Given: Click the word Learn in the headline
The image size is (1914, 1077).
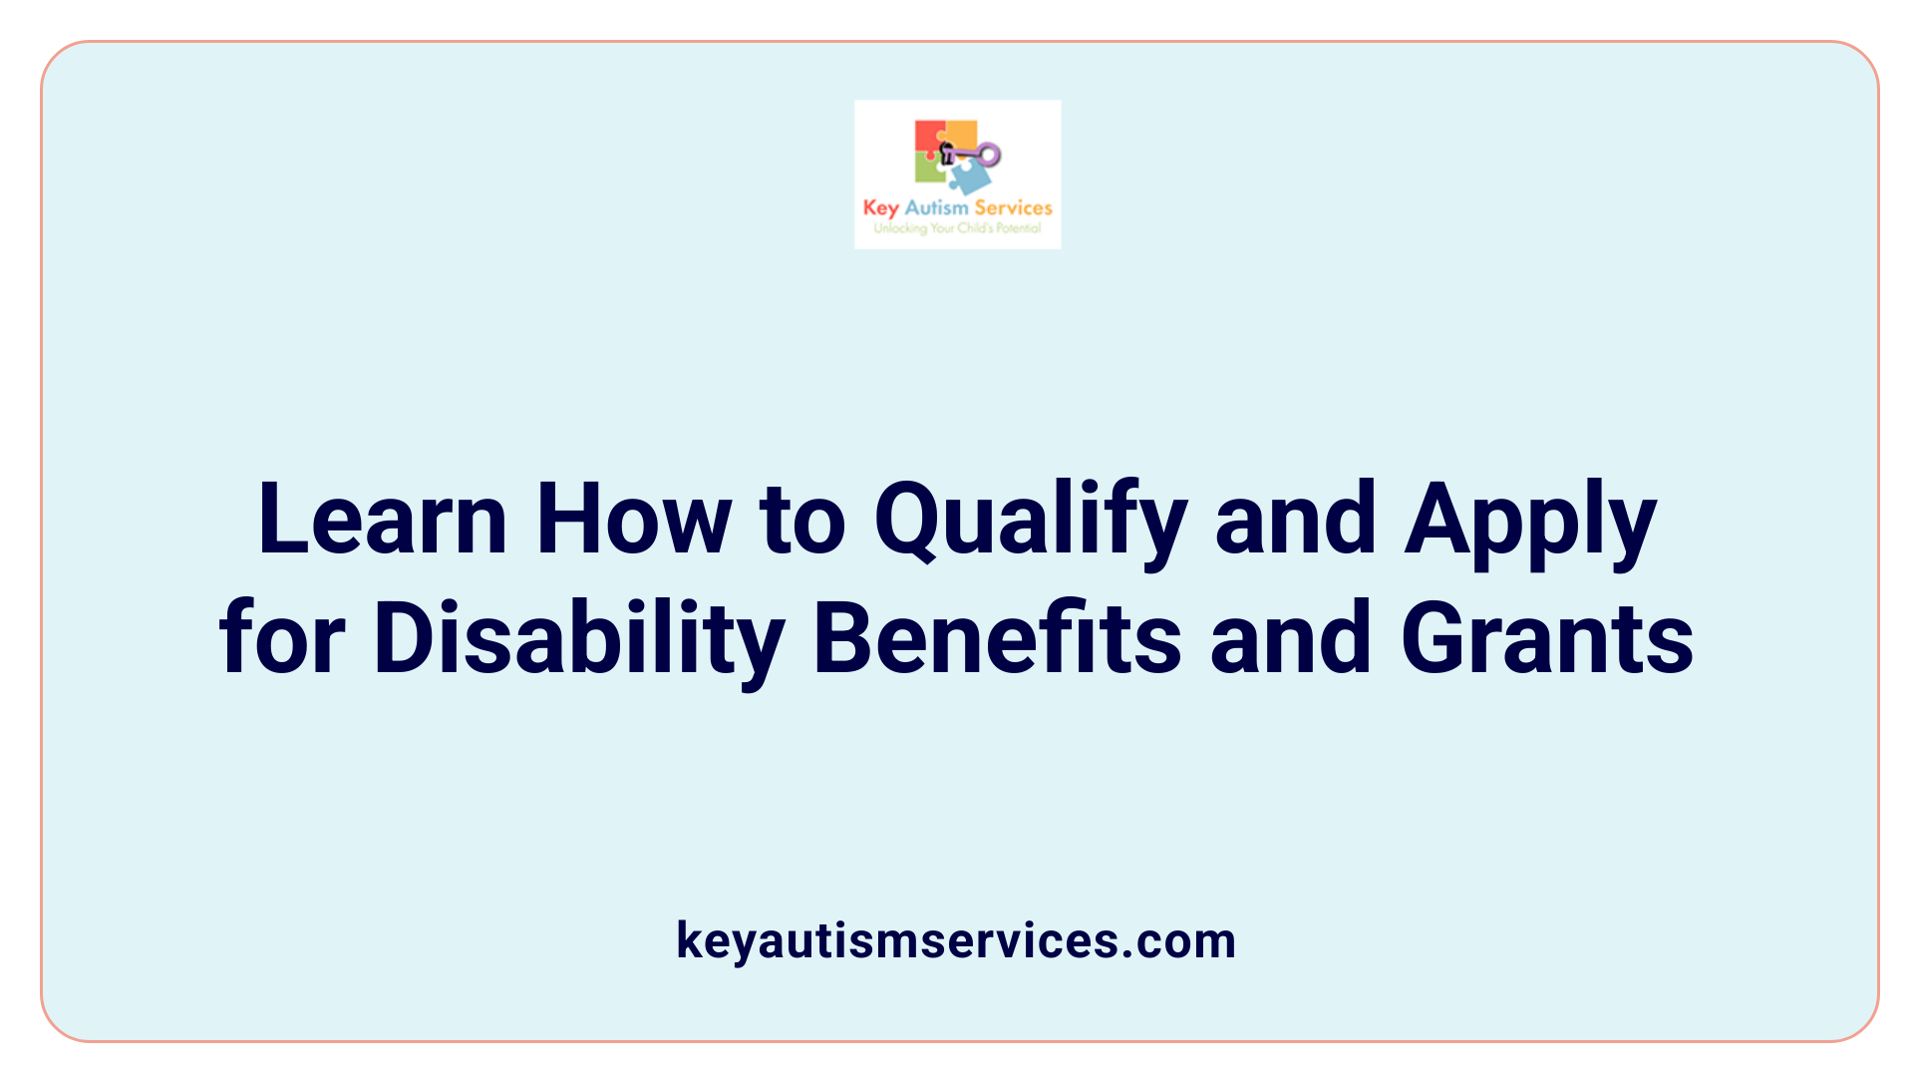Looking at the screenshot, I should [382, 520].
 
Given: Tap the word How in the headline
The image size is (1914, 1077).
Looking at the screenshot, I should [633, 520].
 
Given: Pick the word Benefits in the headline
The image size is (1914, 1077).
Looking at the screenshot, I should [997, 638].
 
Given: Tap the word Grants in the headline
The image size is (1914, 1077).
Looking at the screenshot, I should [1547, 638].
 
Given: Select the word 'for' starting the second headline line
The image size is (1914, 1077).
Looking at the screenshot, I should [282, 638].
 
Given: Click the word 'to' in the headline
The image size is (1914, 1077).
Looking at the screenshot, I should [802, 522].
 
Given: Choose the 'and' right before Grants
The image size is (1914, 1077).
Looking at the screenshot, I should [1290, 638].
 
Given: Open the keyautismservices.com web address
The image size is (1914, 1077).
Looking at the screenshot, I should [956, 940].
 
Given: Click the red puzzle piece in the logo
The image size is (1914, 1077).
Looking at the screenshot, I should [928, 138].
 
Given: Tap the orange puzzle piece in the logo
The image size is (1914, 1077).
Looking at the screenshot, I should [961, 134].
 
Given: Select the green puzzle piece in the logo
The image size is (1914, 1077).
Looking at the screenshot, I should [929, 170].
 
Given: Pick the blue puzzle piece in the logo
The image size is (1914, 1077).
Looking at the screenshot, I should [970, 178].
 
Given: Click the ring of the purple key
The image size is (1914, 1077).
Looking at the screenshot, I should [989, 155].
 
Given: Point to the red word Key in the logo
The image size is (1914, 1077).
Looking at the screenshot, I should [880, 208].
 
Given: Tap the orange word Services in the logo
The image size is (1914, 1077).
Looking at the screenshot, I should [1013, 208].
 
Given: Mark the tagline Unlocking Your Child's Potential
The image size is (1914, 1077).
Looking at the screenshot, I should [957, 228].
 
